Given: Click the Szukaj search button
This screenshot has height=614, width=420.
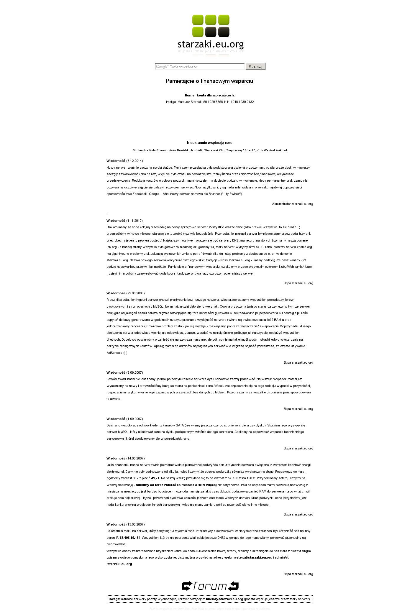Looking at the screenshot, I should pyautogui.click(x=255, y=67).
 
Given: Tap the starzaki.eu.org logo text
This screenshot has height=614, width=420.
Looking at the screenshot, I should pyautogui.click(x=211, y=45).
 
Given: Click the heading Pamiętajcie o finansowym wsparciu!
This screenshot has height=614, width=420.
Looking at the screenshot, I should pyautogui.click(x=210, y=81).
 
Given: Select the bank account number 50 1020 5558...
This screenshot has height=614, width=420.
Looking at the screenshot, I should pyautogui.click(x=228, y=102).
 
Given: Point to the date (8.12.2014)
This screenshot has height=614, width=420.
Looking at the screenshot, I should pyautogui.click(x=134, y=161).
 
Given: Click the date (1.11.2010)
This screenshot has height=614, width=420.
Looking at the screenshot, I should pyautogui.click(x=134, y=221).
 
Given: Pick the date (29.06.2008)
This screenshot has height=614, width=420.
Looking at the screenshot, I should pyautogui.click(x=135, y=293).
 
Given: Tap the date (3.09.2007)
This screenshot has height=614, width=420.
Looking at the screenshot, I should pyautogui.click(x=134, y=373).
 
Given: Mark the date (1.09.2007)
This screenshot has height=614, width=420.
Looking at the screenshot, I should pyautogui.click(x=134, y=419).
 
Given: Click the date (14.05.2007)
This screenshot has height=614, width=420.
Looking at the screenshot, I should pyautogui.click(x=135, y=459).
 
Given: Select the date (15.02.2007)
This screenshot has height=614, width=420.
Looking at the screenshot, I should pyautogui.click(x=135, y=525).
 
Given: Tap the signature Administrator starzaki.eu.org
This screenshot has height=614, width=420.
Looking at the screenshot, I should pyautogui.click(x=292, y=204).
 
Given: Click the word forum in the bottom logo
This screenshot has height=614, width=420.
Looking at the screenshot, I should pyautogui.click(x=210, y=586).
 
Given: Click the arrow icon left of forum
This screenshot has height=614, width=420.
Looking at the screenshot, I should pyautogui.click(x=187, y=586).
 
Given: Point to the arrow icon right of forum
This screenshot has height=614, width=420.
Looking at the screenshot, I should pyautogui.click(x=233, y=586).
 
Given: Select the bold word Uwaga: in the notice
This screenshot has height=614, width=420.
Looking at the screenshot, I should pyautogui.click(x=114, y=599).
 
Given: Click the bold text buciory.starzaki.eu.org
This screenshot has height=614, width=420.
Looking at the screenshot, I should pyautogui.click(x=224, y=599).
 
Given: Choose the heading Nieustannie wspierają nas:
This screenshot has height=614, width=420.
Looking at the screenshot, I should pyautogui.click(x=210, y=143).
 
